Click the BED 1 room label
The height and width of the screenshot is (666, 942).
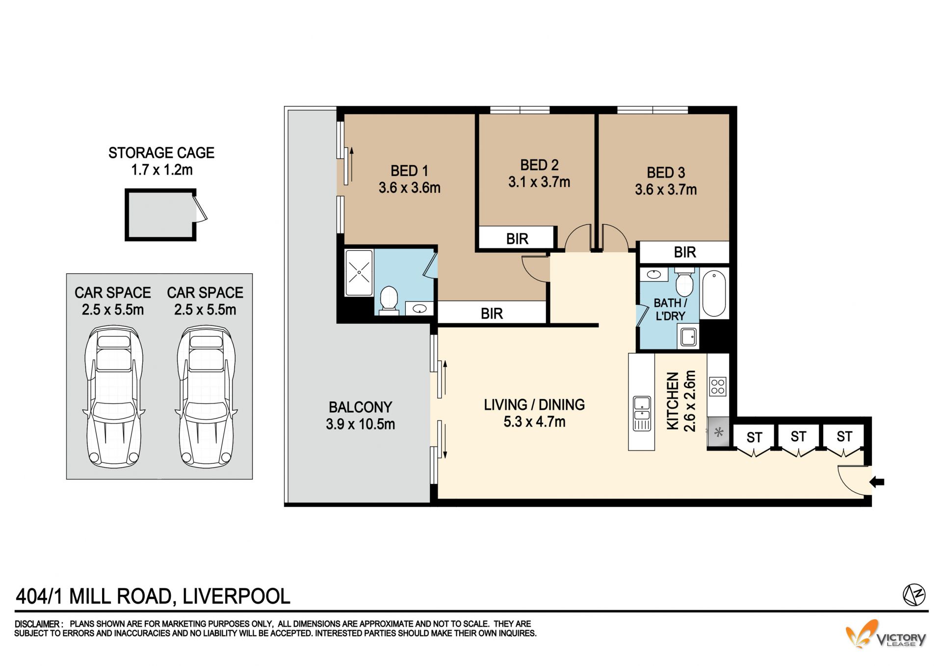pyautogui.click(x=409, y=171)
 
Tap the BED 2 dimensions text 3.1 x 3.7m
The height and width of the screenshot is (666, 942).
pyautogui.click(x=539, y=182)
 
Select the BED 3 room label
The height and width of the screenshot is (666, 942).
pyautogui.click(x=666, y=173)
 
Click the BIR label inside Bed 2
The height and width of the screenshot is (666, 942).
pyautogui.click(x=517, y=239)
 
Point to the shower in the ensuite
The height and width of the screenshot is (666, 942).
pyautogui.click(x=359, y=272)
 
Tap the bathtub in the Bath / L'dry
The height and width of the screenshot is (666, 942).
pyautogui.click(x=714, y=293)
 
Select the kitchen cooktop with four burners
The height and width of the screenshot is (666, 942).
pyautogui.click(x=717, y=386)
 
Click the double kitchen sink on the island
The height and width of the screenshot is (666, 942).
pyautogui.click(x=642, y=413)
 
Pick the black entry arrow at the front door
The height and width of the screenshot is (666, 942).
pyautogui.click(x=877, y=482)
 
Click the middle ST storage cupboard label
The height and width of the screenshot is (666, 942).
pyautogui.click(x=798, y=436)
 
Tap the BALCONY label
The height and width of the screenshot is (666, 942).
pyautogui.click(x=360, y=407)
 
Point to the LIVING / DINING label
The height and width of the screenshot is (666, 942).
pyautogui.click(x=534, y=405)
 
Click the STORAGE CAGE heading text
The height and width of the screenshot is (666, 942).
pyautogui.click(x=161, y=153)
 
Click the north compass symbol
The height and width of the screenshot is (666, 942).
pyautogui.click(x=914, y=595)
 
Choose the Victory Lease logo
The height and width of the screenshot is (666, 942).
pyautogui.click(x=886, y=634)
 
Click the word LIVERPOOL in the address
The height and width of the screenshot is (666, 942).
pyautogui.click(x=236, y=596)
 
